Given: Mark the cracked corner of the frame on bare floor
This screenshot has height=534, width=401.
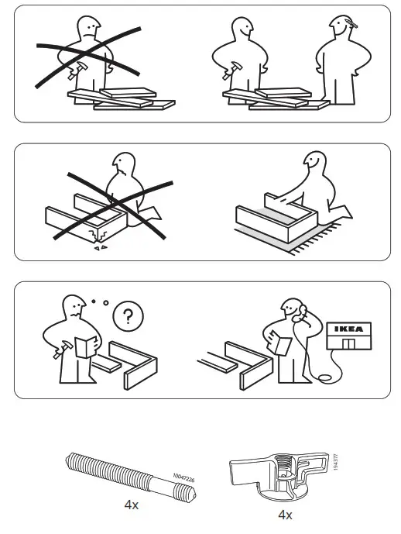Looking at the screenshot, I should coord(98,243).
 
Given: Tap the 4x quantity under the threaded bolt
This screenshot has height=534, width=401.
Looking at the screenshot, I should coord(131,504).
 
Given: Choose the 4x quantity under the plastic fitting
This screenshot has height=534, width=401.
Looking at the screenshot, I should coord(285,515).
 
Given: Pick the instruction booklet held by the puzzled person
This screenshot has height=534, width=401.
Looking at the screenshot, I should coord(86,346).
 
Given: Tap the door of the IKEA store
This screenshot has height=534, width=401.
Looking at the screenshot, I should coord(352,343).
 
